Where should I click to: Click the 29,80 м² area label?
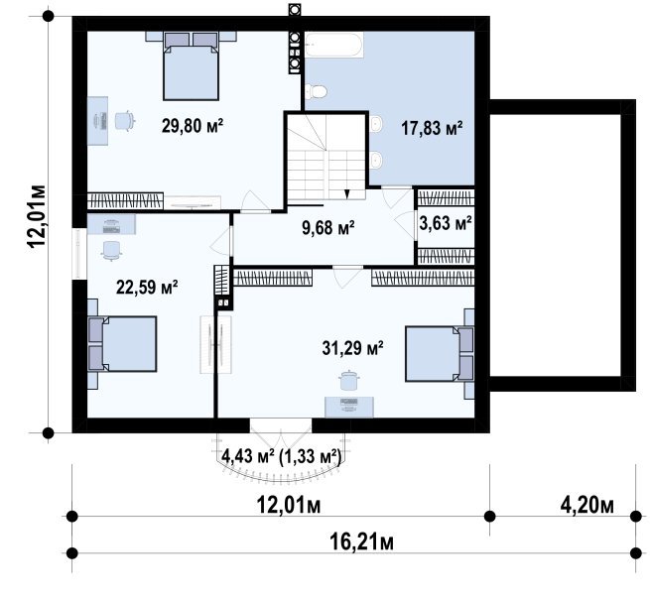pos(193,125)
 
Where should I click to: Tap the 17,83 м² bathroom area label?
pos(432,128)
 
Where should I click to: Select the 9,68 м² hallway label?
pos(327,227)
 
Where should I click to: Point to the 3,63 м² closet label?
pos(446,223)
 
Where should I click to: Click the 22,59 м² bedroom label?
pos(147,287)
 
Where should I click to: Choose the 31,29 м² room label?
pos(352,348)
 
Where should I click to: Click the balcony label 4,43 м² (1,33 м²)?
pos(282,456)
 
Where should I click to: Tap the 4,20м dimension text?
pos(587,505)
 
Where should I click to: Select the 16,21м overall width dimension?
pos(361,541)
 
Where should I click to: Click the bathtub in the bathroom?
pos(334,45)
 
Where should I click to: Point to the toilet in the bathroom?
pos(316,91)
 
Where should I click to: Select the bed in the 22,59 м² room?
pos(122,343)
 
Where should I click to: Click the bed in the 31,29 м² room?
pos(440,353)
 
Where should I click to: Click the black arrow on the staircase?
pos(347,194)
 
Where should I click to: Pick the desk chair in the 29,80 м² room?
pos(124,121)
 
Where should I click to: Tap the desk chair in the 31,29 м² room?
pos(348,381)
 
